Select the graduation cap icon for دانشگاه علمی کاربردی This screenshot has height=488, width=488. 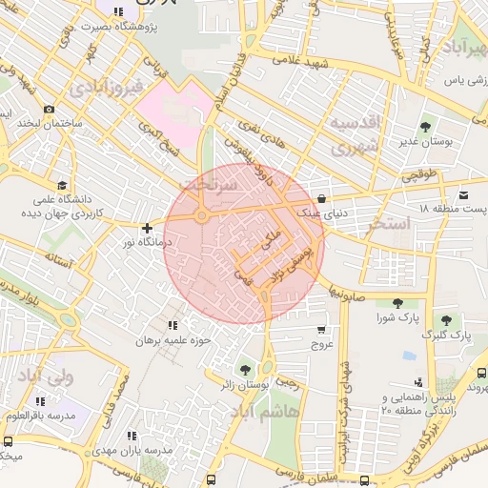point(62,185)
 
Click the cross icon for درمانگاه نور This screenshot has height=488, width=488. point(146,228)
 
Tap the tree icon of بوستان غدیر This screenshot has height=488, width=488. point(424,125)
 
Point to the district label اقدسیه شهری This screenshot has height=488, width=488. point(355,135)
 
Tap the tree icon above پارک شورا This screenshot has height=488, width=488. point(397,302)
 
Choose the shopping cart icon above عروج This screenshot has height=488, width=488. point(320,330)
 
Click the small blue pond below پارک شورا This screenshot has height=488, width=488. point(409,355)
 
